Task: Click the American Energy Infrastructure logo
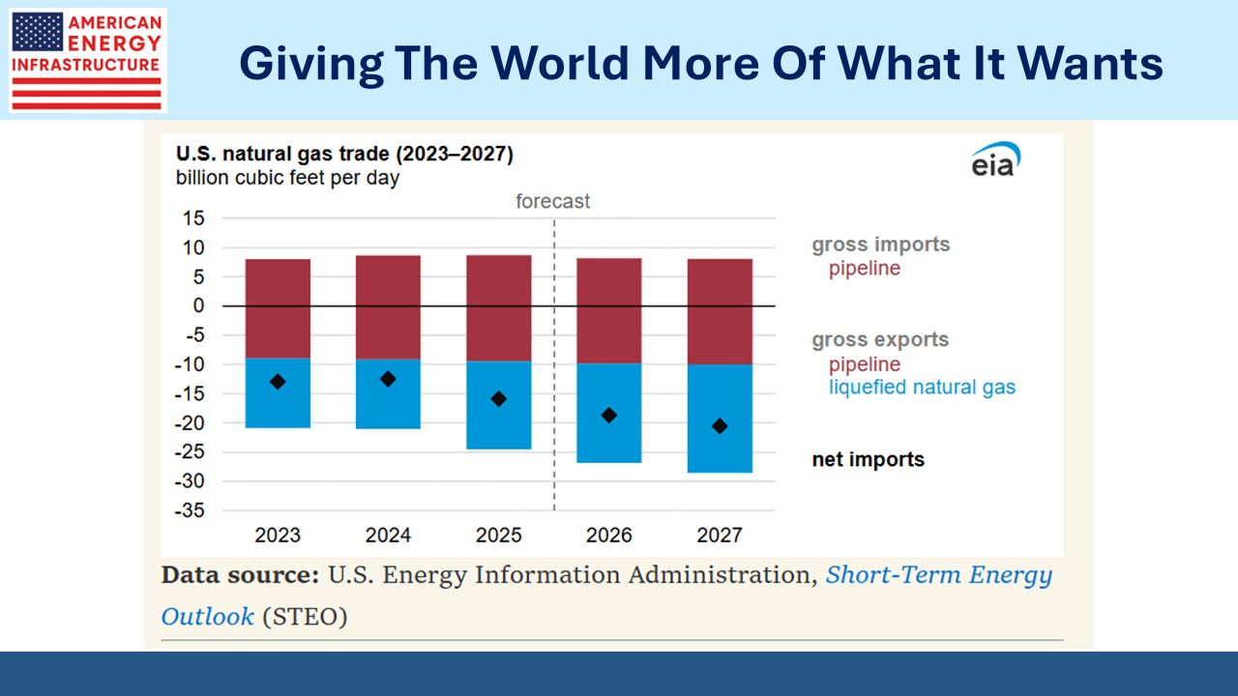[x=87, y=60]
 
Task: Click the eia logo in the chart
[x=994, y=161]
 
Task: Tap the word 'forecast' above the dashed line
[x=552, y=201]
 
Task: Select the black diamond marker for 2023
[x=278, y=382]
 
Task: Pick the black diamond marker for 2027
[x=720, y=426]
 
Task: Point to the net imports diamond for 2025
[x=499, y=398]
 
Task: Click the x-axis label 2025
[x=499, y=535]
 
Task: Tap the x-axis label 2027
[x=720, y=535]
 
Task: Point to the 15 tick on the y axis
[x=193, y=218]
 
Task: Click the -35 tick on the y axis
[x=190, y=510]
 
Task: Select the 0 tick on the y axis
[x=199, y=305]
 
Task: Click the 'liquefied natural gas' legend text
[x=922, y=388]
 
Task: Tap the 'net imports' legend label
[x=868, y=460]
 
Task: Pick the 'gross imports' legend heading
[x=880, y=245]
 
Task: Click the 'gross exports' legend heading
[x=880, y=340]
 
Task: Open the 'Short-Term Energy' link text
[x=938, y=575]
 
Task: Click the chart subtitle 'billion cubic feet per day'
[x=287, y=178]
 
